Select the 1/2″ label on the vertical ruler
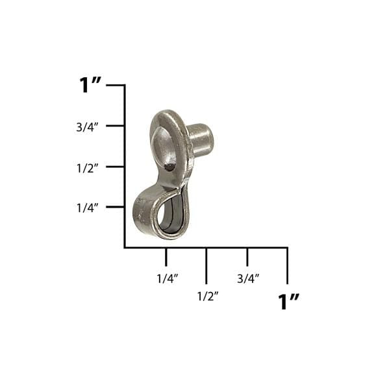(x=87, y=167)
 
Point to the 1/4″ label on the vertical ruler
(x=87, y=208)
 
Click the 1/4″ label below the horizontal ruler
(x=167, y=278)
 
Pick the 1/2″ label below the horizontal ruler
(x=207, y=296)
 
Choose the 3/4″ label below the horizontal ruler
(x=248, y=278)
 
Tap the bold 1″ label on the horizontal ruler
(x=288, y=302)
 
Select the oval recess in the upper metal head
(x=166, y=149)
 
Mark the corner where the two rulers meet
(x=125, y=247)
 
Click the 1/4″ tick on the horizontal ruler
(x=166, y=257)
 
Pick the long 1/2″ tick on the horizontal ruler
(x=207, y=265)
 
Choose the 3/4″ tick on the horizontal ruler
(x=247, y=257)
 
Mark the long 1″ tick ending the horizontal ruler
(x=287, y=265)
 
